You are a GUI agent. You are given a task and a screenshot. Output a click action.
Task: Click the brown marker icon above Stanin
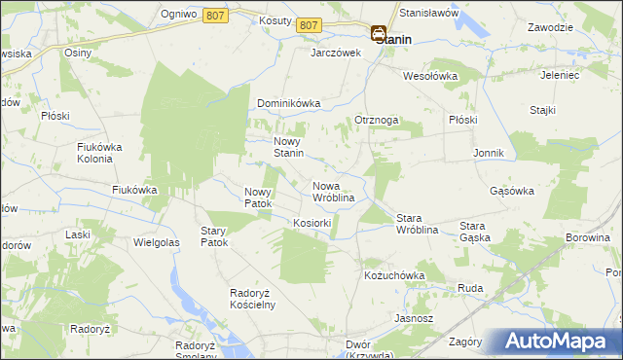[x=378, y=32]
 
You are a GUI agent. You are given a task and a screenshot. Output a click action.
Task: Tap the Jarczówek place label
[x=336, y=54]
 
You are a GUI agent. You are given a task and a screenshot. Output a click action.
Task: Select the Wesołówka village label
[x=430, y=75]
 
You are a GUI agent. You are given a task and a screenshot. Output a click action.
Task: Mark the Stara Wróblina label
[x=416, y=224]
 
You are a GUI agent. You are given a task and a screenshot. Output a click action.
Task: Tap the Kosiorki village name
[x=312, y=223]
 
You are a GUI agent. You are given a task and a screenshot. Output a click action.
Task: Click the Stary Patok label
[x=213, y=236]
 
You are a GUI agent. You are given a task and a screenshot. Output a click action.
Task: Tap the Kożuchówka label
[x=394, y=275]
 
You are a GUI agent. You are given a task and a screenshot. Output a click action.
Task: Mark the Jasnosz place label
[x=413, y=318]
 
